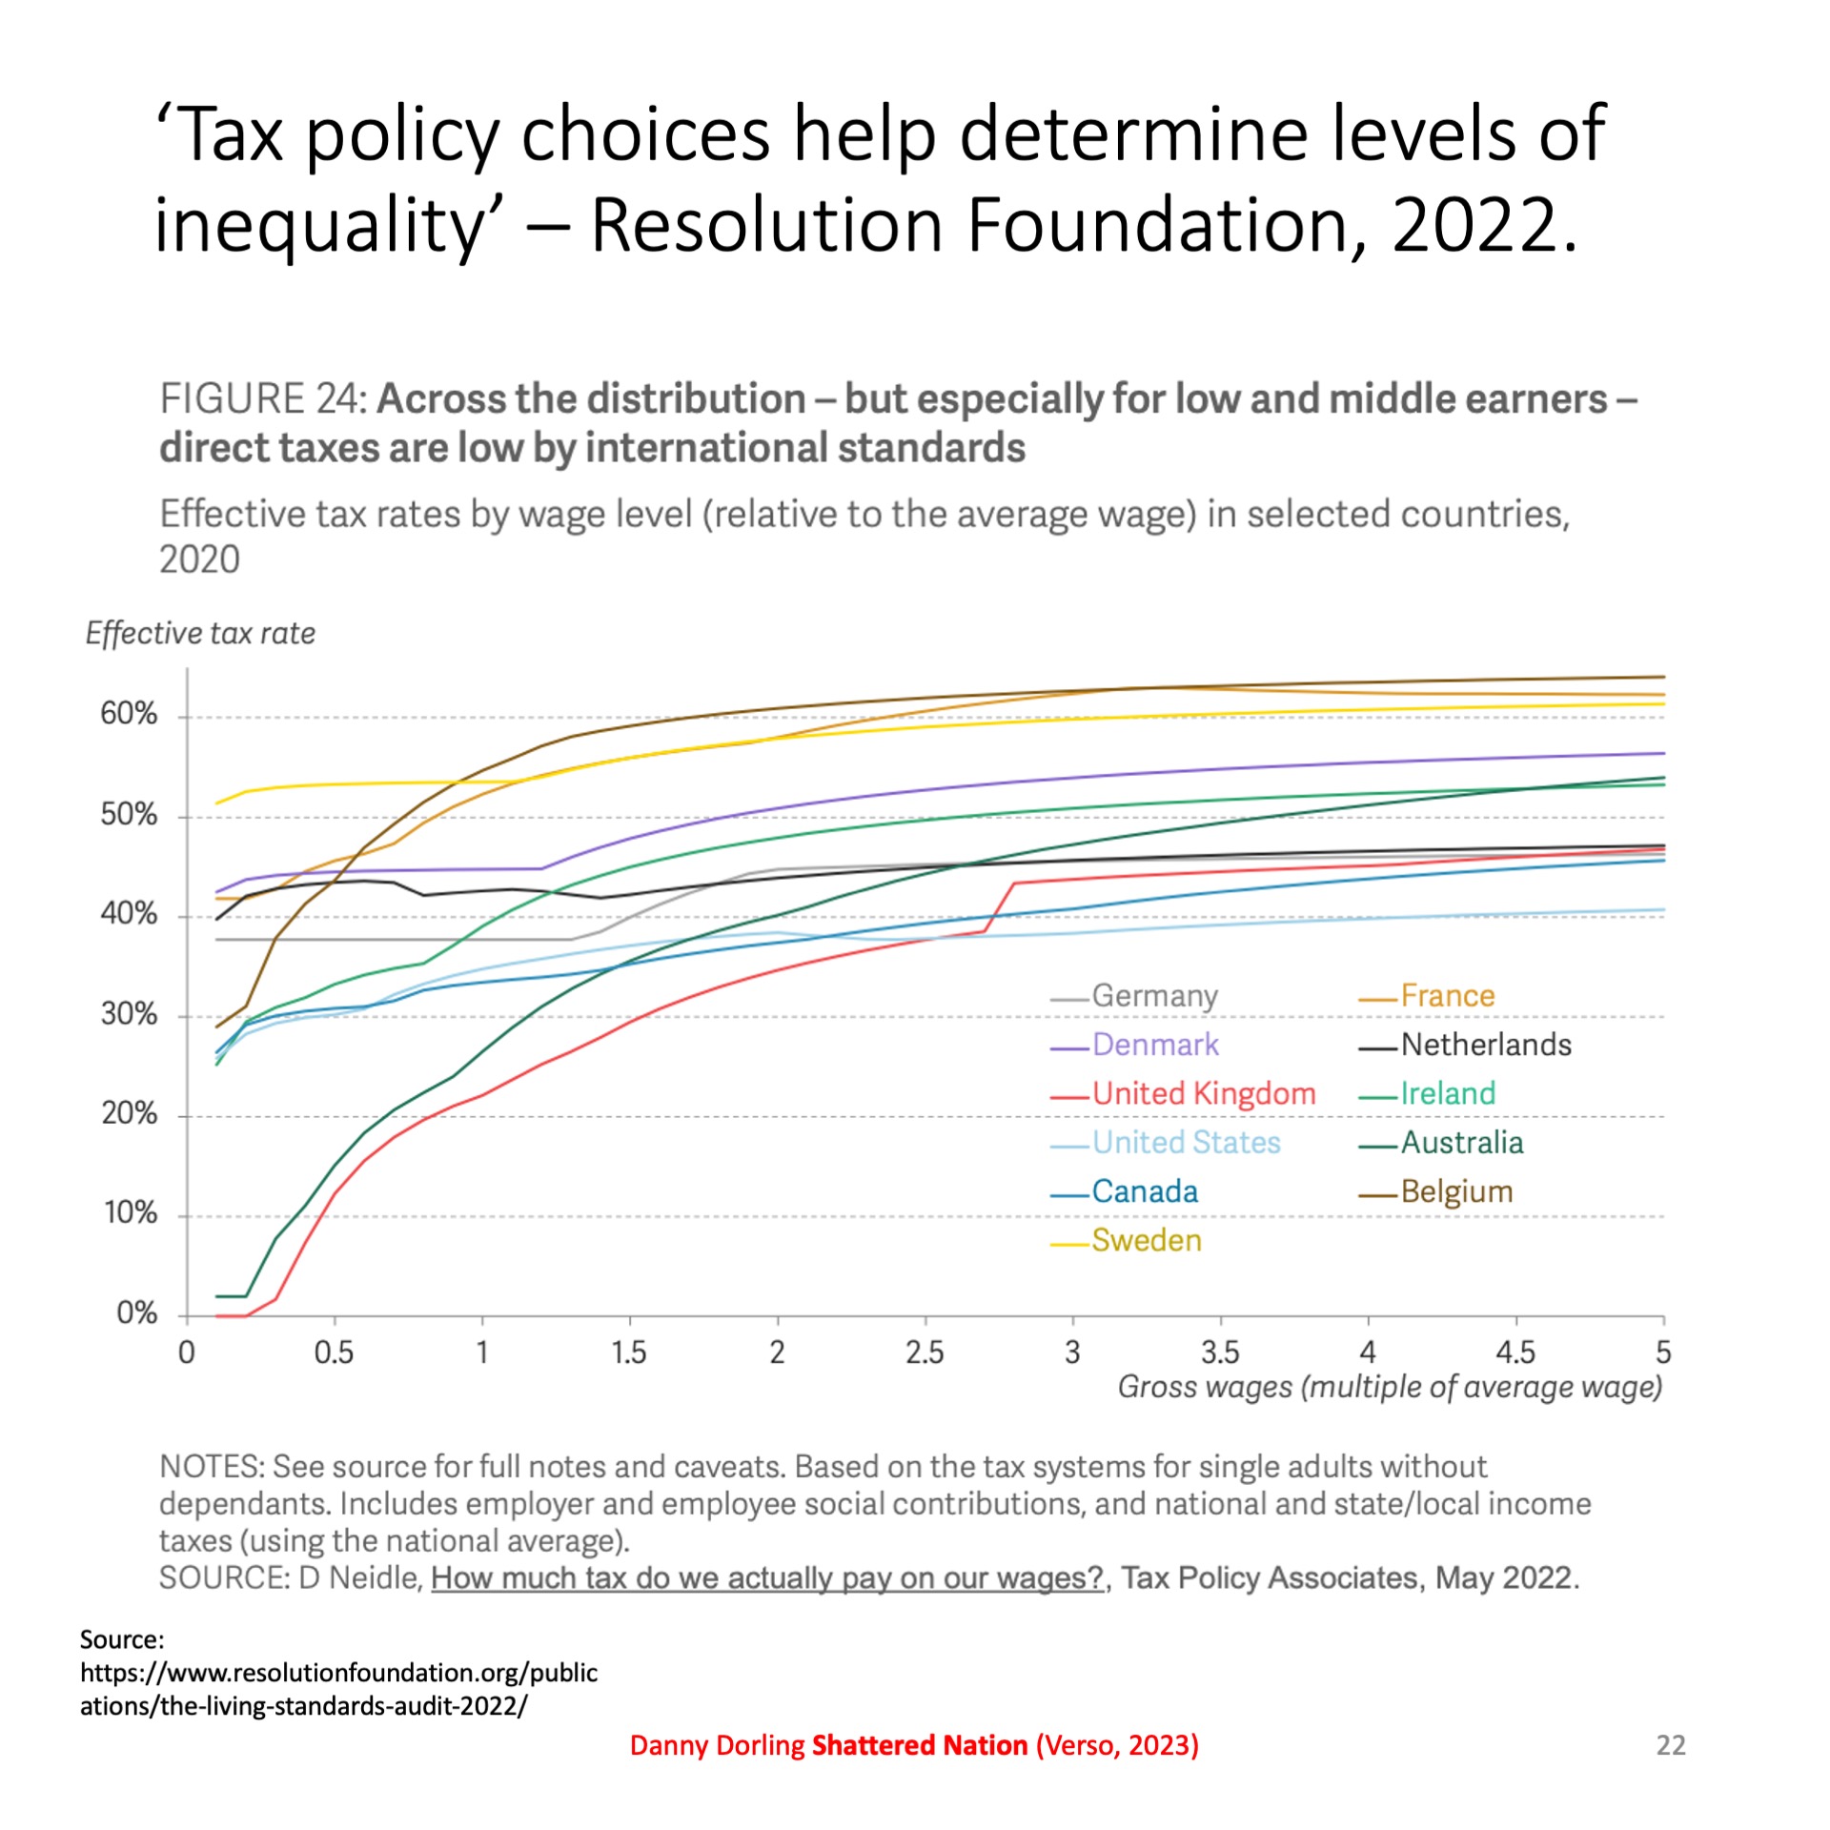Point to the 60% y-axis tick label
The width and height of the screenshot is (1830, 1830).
pos(129,714)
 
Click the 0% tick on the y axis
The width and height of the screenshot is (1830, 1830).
pos(136,1313)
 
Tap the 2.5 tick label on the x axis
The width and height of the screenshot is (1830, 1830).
pos(925,1352)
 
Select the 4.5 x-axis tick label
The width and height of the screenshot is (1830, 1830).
pos(1515,1352)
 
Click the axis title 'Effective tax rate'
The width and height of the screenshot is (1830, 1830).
pos(200,634)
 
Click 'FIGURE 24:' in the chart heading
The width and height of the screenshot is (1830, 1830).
pos(263,399)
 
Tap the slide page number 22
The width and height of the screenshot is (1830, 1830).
pos(1671,1745)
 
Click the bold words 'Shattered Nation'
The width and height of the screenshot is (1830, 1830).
pos(919,1745)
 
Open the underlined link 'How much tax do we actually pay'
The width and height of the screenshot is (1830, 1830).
pos(766,1578)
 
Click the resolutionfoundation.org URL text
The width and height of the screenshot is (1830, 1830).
pos(338,1673)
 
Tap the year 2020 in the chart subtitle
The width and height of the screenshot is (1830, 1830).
pos(199,560)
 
